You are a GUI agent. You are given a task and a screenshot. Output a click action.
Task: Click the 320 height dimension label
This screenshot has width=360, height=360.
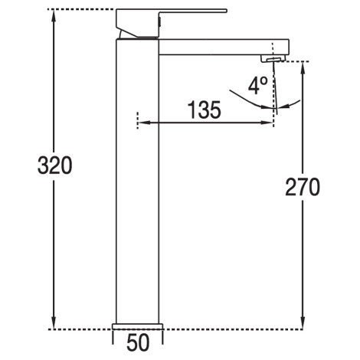[55, 165]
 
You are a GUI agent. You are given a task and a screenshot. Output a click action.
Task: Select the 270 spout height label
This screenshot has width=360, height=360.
[303, 187]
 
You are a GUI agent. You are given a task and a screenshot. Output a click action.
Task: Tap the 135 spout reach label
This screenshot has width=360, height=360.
[205, 110]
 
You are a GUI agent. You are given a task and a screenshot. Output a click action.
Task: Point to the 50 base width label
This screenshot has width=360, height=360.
[138, 342]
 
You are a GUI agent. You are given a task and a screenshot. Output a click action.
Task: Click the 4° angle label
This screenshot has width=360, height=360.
[258, 86]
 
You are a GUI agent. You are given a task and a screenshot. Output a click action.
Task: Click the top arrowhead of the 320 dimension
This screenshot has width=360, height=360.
[54, 16]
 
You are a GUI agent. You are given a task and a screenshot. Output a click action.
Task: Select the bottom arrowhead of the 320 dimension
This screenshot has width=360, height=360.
[54, 322]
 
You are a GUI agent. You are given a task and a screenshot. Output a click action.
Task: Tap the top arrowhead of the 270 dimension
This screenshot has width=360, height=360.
[303, 68]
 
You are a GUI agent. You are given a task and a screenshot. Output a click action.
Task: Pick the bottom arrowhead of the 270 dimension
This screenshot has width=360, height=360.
[303, 322]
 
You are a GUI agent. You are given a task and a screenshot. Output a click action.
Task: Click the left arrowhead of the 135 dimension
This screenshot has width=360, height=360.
[144, 123]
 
